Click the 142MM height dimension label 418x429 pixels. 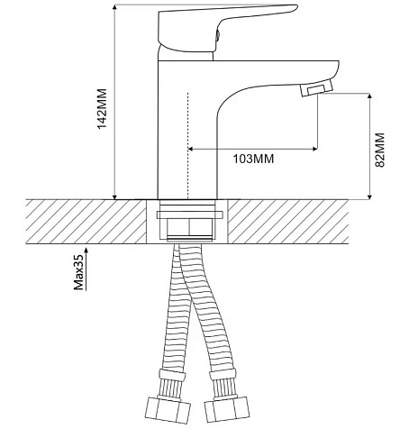(102, 108)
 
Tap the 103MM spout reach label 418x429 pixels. (254, 159)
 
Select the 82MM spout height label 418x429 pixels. (380, 150)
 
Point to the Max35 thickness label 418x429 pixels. (78, 273)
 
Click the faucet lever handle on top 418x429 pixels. (223, 29)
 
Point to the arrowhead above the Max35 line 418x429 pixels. (86, 250)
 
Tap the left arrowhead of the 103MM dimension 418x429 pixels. (190, 149)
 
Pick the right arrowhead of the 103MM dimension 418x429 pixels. (315, 149)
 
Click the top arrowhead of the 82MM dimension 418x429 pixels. (369, 96)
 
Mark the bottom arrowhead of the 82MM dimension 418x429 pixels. (369, 196)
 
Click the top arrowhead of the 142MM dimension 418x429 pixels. (114, 7)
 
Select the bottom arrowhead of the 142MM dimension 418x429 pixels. (114, 196)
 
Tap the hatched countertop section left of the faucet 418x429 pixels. (86, 222)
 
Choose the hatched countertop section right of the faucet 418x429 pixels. (287, 222)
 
